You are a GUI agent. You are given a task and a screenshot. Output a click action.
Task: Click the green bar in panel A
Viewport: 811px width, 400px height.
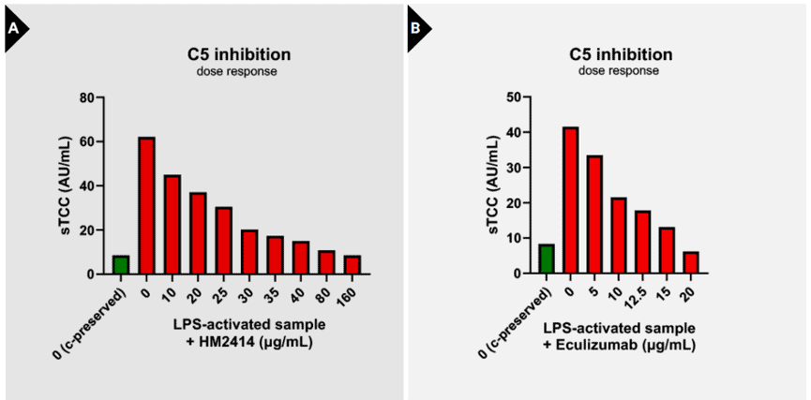click(121, 265)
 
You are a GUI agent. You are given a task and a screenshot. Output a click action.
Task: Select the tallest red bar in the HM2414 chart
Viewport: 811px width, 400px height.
click(146, 206)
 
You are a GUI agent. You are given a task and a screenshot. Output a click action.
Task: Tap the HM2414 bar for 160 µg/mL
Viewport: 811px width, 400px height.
click(352, 265)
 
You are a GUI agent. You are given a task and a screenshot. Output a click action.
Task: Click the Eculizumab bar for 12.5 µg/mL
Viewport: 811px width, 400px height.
click(642, 242)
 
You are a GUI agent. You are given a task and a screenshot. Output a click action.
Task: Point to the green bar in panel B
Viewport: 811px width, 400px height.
click(547, 259)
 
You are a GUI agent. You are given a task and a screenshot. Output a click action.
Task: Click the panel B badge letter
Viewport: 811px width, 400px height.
click(414, 29)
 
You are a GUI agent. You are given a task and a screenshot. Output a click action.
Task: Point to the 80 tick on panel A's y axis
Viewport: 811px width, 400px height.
click(85, 97)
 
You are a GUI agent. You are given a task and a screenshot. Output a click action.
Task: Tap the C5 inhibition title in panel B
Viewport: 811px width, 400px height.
click(621, 54)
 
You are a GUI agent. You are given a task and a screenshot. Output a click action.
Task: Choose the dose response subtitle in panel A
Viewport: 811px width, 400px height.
click(237, 71)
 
